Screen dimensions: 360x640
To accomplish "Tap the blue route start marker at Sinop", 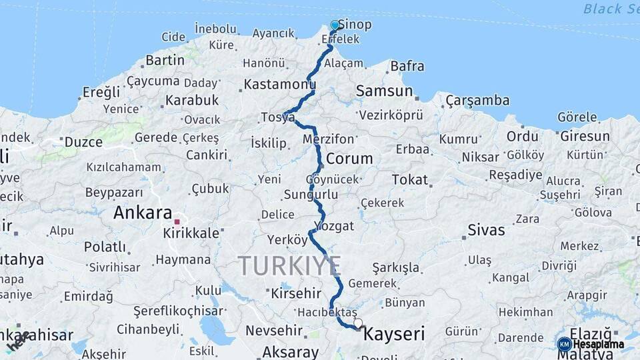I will [x=335, y=25].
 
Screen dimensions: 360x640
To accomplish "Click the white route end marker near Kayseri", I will [x=358, y=323].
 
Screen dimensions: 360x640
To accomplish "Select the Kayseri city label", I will [x=393, y=333].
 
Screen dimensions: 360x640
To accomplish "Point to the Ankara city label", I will [x=143, y=213].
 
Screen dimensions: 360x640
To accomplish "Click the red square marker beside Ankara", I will [x=177, y=221].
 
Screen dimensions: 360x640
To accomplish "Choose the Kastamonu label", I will [x=279, y=85].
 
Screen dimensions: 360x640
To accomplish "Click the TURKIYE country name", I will [x=290, y=265].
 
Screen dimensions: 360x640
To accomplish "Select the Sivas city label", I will [x=486, y=230].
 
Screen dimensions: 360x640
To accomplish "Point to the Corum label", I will [x=349, y=159].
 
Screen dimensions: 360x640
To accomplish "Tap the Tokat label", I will [x=409, y=179].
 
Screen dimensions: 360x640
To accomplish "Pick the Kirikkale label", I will [x=191, y=233].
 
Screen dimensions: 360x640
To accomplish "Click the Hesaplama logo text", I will [x=599, y=345].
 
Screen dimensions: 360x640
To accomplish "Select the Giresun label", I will [x=585, y=137].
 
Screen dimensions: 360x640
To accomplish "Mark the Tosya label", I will [x=277, y=117].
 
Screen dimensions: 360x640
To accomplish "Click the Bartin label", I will [x=165, y=60].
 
